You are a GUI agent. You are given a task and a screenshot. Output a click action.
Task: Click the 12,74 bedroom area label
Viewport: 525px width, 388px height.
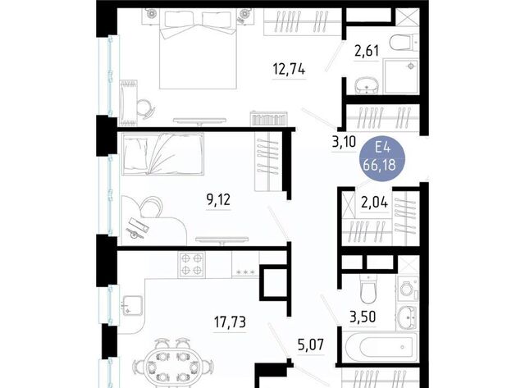tap(289, 69)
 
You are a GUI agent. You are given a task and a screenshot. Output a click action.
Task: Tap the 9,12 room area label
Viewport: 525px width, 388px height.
tap(218, 200)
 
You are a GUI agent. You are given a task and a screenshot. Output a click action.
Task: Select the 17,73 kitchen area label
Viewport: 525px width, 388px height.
tap(230, 322)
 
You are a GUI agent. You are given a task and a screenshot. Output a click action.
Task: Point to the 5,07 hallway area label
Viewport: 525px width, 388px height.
tap(311, 345)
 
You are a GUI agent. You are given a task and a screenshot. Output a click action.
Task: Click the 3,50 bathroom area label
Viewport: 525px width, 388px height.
tap(363, 317)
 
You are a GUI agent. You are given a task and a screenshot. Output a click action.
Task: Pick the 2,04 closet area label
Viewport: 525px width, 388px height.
tap(374, 202)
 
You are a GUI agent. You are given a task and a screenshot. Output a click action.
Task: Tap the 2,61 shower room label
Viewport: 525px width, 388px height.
tap(367, 51)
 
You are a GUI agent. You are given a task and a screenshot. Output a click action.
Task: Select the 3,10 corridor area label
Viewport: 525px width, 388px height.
tap(344, 142)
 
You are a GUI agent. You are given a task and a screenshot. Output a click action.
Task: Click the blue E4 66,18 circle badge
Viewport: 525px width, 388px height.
tap(382, 157)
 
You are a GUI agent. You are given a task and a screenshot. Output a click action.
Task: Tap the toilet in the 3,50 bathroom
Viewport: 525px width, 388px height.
tap(368, 288)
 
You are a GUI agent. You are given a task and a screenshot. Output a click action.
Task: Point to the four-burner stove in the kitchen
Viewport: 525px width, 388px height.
tap(191, 264)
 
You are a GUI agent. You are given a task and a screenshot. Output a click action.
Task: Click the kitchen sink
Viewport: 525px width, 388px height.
tap(132, 305)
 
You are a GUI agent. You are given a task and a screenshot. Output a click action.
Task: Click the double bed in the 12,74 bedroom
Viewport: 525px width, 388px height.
tap(199, 48)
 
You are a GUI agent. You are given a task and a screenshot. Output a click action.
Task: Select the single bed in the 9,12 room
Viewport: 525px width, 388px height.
tap(162, 154)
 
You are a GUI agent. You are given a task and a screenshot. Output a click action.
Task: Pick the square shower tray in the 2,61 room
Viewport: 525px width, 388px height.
tap(401, 76)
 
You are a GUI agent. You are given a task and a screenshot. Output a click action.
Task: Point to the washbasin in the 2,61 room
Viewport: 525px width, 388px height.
tap(366, 85)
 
